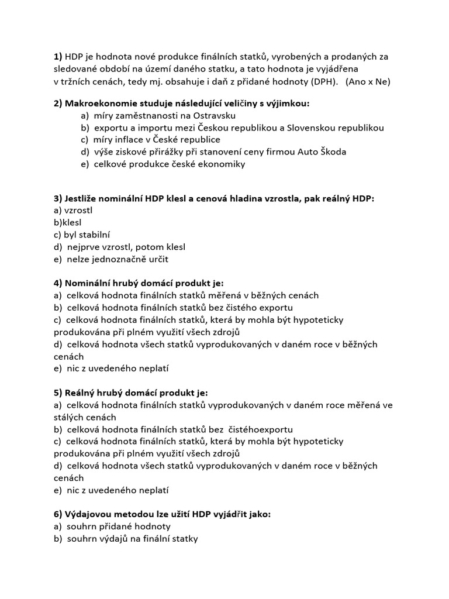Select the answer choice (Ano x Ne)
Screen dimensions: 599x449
[367, 81]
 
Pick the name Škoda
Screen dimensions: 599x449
[333, 152]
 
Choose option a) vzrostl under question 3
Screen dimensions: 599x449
[73, 210]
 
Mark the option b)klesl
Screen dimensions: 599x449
[68, 222]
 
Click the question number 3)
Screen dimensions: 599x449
[58, 198]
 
